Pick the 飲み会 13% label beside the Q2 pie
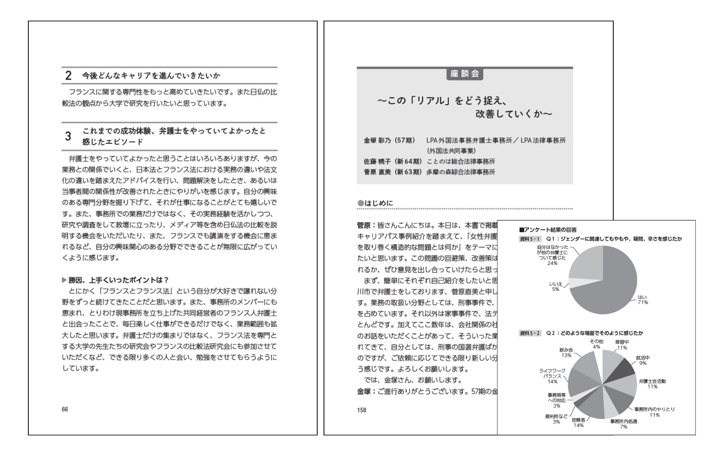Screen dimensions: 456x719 [566, 353]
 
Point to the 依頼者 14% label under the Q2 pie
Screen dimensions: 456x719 [578, 423]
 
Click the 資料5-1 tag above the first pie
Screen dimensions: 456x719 [530, 239]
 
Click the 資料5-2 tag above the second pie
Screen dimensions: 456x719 [530, 333]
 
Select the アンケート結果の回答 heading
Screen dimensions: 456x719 [548, 230]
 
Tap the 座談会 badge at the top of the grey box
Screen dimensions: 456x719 [464, 74]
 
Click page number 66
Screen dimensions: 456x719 [65, 409]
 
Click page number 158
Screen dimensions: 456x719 [362, 410]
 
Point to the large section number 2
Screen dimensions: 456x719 [69, 76]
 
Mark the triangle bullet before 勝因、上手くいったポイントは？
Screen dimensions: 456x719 [64, 280]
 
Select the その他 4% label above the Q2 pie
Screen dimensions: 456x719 [596, 344]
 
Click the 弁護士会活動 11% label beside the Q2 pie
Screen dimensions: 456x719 [652, 383]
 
